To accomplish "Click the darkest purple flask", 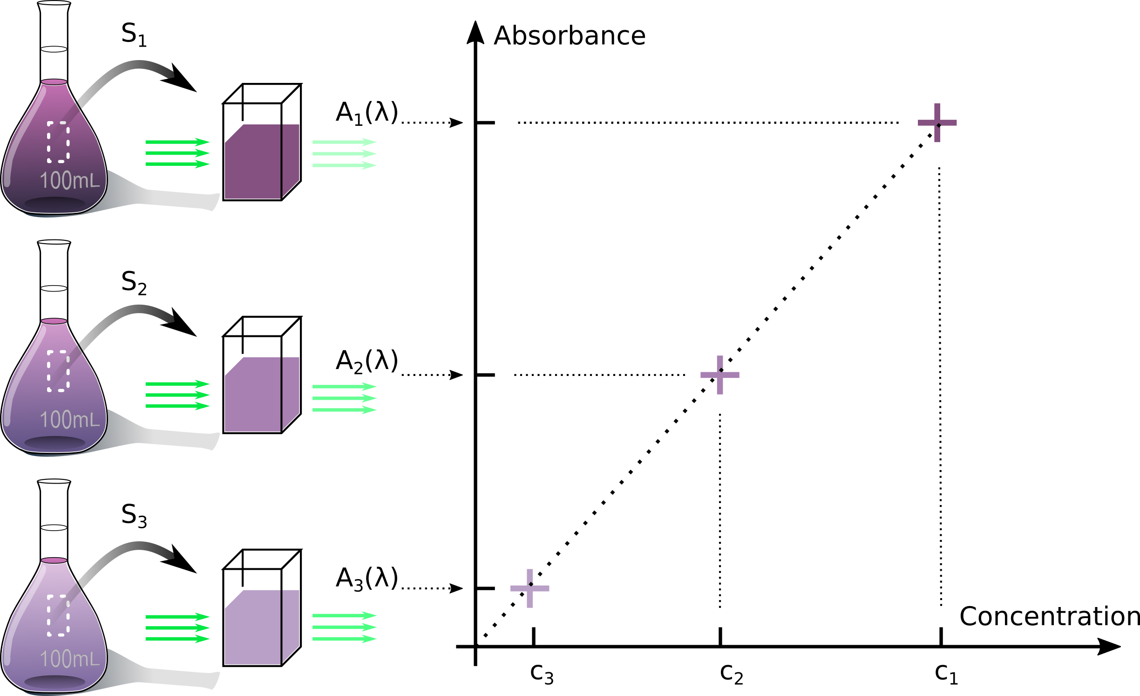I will (x=54, y=154).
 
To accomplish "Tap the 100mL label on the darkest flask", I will (x=70, y=181).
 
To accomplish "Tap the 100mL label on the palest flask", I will (x=70, y=659).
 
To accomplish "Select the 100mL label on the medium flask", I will (x=70, y=420).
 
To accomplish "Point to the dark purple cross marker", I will (x=937, y=123).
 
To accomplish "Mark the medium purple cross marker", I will (x=720, y=375).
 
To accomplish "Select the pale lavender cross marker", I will (x=530, y=588).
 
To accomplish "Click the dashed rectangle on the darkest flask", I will (x=58, y=142).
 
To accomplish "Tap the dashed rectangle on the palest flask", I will (x=58, y=615).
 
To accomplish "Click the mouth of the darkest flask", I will (x=54, y=82).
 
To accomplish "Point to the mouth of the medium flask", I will (x=54, y=321).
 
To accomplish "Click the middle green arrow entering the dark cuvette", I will (x=177, y=153).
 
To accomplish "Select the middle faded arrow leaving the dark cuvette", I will (x=344, y=154).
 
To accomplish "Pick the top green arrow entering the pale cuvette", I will (x=177, y=617).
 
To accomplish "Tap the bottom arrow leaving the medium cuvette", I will (x=344, y=410).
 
